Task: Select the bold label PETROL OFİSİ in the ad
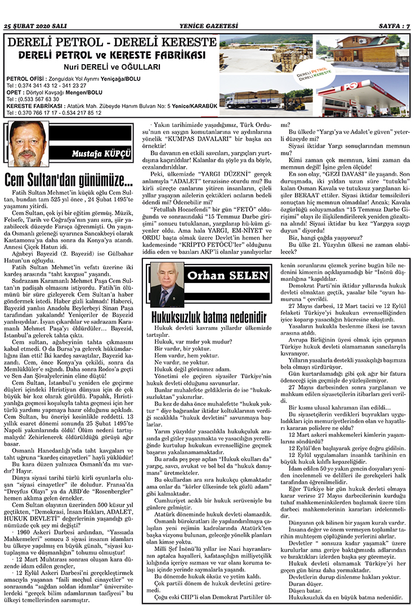point(26,78)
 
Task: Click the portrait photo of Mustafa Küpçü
point(28,144)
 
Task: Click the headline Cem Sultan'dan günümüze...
point(69,181)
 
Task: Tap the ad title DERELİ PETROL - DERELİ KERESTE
point(109,43)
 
